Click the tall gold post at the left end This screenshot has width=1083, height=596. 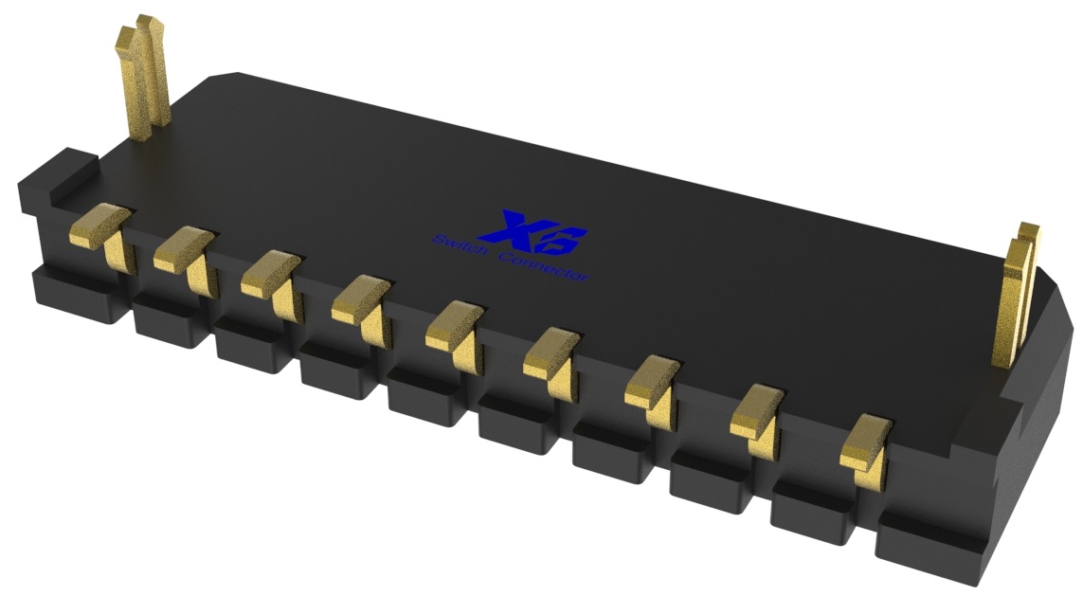[143, 72]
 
